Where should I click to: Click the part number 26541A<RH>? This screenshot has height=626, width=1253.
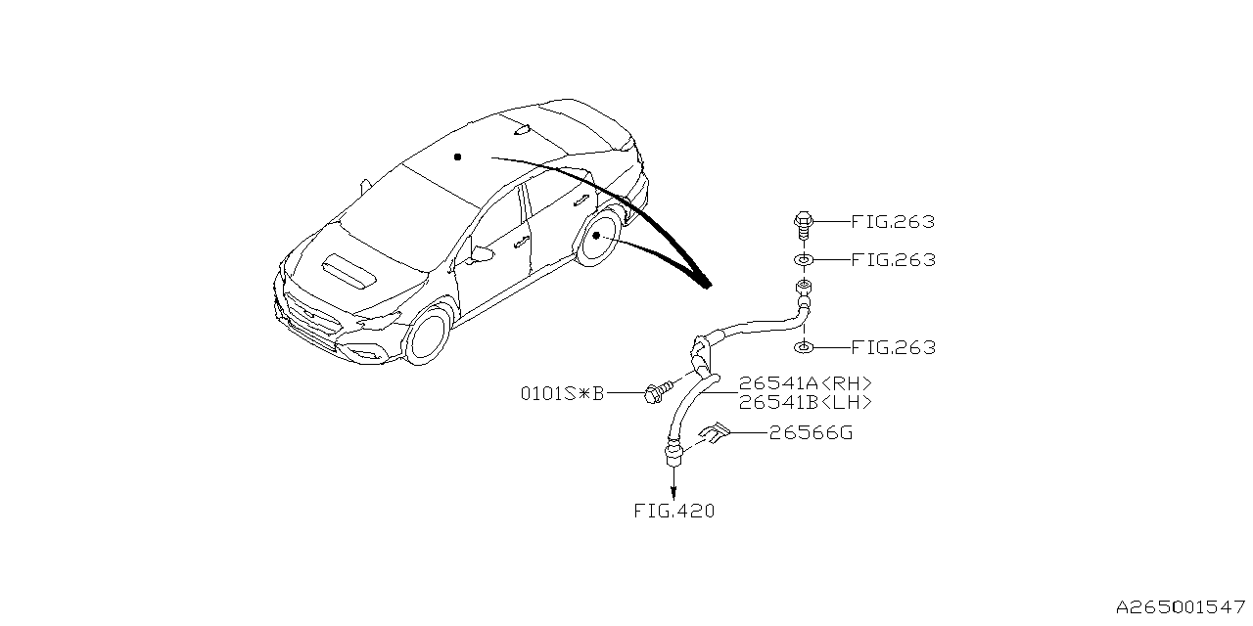pos(805,384)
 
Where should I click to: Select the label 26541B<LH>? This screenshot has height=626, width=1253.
pos(805,402)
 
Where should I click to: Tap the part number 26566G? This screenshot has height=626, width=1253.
pos(811,433)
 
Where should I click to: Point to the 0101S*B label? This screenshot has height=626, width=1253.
pos(562,394)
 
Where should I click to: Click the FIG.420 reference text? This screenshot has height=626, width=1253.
pos(674,511)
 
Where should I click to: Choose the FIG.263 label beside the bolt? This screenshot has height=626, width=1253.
pos(893,222)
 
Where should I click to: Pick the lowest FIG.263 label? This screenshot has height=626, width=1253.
pos(893,347)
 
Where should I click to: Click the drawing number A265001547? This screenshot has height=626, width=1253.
pos(1181,607)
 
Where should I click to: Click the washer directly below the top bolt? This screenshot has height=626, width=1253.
pos(804,260)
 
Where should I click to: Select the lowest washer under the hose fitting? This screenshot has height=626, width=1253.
pos(804,347)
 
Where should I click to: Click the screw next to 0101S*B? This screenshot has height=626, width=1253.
pos(659,392)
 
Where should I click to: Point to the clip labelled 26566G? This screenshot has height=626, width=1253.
pos(715,432)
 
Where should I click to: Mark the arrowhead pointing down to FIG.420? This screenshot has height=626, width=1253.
pos(674,494)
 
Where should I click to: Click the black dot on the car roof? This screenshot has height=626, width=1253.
pos(457,157)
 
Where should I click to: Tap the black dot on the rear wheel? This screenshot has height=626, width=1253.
pos(596,236)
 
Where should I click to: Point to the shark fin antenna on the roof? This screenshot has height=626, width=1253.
pos(522,131)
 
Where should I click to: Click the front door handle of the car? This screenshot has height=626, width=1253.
pos(520,242)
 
